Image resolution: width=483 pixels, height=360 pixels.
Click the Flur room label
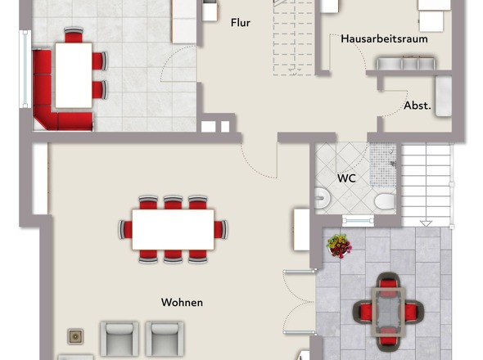coord(240,23)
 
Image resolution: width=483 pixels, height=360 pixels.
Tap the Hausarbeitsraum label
coord(384,39)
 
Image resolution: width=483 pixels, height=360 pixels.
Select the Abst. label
coord(418,106)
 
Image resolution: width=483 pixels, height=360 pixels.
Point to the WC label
coord(346,178)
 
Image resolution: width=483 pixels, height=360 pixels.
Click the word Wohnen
coord(182,303)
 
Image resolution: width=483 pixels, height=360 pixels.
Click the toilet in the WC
coord(385,201)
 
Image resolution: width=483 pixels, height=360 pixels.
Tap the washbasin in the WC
coord(323,198)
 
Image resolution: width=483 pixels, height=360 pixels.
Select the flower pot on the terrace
coord(339,245)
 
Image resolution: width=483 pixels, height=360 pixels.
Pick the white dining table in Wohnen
coord(173,229)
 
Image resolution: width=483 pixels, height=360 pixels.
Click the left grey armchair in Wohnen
coord(120,339)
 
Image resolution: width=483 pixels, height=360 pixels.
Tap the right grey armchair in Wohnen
coord(165,339)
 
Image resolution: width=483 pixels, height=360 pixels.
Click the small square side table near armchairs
coord(75,336)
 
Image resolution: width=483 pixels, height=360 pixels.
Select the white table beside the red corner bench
coord(74,75)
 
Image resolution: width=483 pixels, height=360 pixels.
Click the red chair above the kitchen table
coord(74,35)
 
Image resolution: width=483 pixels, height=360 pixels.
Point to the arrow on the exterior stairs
coord(426,223)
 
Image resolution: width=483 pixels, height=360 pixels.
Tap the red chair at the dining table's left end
coord(126,229)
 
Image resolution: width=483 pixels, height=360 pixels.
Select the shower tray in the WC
coord(382,164)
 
